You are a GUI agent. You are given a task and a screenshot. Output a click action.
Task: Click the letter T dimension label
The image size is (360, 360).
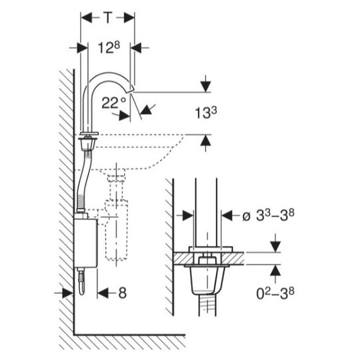tap(108, 17)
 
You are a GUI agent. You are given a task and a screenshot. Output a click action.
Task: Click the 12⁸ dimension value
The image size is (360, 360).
tap(109, 47)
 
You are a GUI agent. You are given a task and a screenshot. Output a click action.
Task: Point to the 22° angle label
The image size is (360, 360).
tap(114, 102)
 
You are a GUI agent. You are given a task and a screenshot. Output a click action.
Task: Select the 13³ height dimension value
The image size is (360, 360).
tap(205, 113)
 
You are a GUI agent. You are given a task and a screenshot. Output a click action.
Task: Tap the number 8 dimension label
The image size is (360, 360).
tap(123, 293)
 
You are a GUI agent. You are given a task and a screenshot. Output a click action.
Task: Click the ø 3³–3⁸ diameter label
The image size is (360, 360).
tap(268, 215)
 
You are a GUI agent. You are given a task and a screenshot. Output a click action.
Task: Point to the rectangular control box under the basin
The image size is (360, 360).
tap(85, 243)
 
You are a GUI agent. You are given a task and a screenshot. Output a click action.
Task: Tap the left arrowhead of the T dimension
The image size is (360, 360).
tap(87, 18)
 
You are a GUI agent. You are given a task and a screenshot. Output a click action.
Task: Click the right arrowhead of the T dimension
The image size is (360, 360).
tap(129, 18)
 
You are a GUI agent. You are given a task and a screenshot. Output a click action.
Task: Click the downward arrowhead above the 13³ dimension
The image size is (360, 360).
tap(206, 86)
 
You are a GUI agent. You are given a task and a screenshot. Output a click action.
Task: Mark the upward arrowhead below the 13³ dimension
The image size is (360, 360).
tap(206, 140)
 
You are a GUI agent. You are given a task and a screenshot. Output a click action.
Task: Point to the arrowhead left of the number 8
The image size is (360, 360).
tap(103, 293)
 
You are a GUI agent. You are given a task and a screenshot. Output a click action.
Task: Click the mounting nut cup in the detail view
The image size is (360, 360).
tap(207, 280)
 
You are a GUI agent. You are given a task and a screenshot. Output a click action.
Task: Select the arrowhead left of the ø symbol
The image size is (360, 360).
tap(188, 215)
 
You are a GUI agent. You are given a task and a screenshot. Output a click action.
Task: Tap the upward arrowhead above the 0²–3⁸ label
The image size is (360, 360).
tap(275, 270)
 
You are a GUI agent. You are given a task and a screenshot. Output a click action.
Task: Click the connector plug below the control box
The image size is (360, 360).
tap(81, 281)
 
